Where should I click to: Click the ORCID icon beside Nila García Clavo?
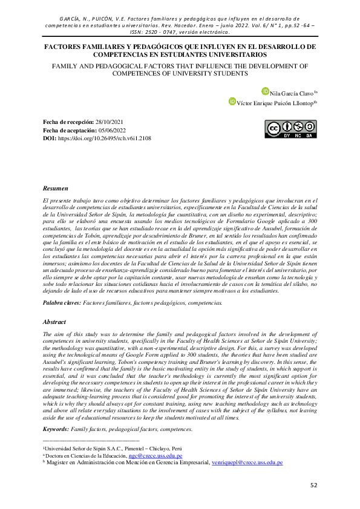pyautogui.click(x=265, y=91)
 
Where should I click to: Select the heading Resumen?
pyautogui.click(x=56, y=189)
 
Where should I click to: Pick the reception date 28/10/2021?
pyautogui.click(x=113, y=122)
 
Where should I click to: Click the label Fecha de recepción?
pyautogui.click(x=68, y=122)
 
